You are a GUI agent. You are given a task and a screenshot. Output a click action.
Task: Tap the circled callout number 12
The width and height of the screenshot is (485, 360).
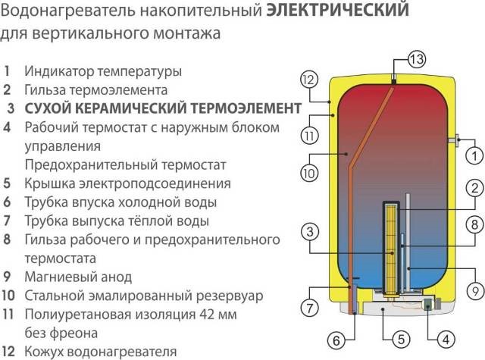(308, 78)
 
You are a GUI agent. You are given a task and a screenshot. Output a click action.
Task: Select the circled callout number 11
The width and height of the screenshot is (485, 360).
(308, 137)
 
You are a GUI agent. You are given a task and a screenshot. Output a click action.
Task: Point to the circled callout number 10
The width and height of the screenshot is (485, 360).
(308, 174)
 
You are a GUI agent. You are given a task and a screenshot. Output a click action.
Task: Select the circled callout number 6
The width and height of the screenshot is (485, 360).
(359, 341)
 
